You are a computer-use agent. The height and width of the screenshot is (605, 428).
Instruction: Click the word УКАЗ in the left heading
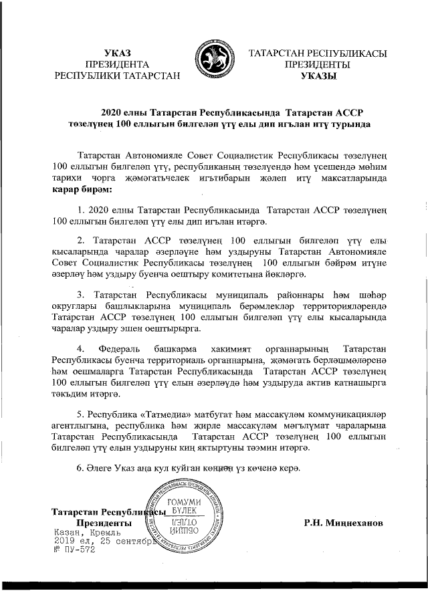(118, 53)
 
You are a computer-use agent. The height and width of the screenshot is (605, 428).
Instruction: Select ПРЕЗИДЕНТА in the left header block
(118, 64)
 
